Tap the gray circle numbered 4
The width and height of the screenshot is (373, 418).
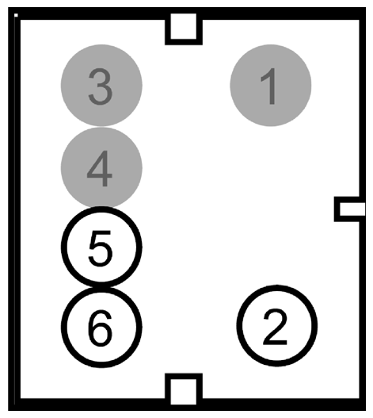click(101, 167)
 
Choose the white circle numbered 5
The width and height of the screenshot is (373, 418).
click(101, 247)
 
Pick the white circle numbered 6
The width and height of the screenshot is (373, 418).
click(101, 325)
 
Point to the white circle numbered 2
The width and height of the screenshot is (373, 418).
click(276, 325)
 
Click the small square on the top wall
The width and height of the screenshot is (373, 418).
click(184, 27)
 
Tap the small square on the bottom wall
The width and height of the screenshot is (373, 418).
click(183, 390)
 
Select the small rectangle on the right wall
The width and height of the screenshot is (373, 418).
click(350, 209)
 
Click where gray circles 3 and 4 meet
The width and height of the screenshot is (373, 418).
click(101, 126)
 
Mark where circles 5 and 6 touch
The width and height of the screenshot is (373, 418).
click(101, 286)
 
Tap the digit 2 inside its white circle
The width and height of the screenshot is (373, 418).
click(276, 326)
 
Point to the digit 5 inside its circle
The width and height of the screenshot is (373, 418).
click(101, 247)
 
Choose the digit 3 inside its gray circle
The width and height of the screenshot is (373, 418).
click(101, 86)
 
